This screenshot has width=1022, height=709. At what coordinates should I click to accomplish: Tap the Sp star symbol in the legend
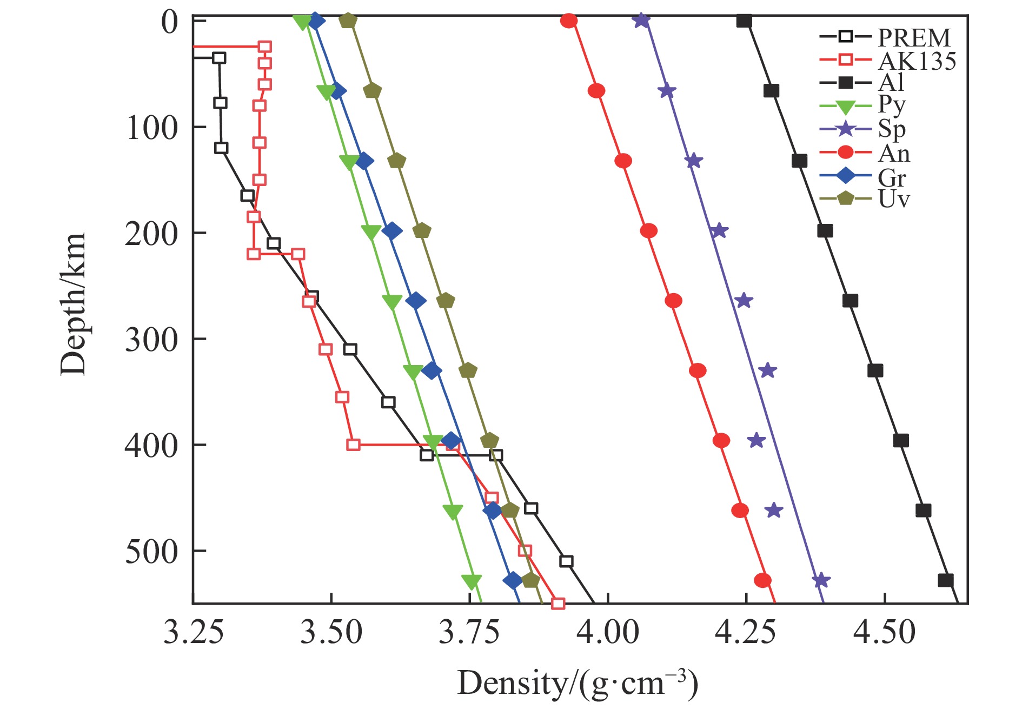[x=845, y=129]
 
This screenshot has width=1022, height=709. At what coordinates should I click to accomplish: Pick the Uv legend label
[x=894, y=199]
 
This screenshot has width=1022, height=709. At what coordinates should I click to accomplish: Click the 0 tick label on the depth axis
[x=170, y=23]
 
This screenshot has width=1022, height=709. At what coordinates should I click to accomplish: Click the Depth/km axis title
[x=73, y=304]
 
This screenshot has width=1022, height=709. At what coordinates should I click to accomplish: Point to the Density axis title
[x=578, y=683]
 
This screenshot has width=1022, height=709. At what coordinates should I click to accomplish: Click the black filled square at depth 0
[x=744, y=21]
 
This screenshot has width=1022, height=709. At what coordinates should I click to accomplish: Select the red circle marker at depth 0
[x=569, y=21]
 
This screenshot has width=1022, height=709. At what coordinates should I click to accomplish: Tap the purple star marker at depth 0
[x=641, y=21]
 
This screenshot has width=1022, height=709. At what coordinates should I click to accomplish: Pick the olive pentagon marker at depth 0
[x=348, y=21]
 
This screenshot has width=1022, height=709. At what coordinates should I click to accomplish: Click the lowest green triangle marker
[x=472, y=581]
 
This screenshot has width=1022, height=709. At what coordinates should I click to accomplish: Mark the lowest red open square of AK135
[x=558, y=604]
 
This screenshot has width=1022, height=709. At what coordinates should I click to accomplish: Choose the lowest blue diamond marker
[x=513, y=580]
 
